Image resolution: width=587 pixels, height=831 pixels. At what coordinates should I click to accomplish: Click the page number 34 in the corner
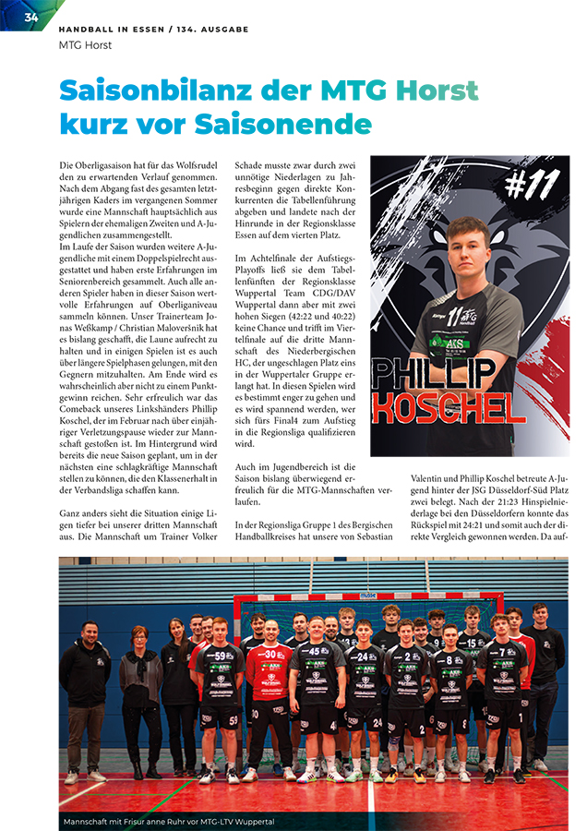[x=30, y=18]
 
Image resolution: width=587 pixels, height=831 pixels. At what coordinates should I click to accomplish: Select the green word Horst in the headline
[x=437, y=90]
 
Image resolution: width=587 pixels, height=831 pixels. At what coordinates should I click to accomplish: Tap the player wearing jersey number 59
[x=221, y=692]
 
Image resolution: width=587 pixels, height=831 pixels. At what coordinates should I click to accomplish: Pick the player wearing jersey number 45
[x=317, y=688]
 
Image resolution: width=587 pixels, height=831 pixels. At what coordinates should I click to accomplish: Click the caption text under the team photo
[x=169, y=821]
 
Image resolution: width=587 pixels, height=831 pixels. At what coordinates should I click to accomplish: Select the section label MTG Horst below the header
[x=85, y=44]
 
